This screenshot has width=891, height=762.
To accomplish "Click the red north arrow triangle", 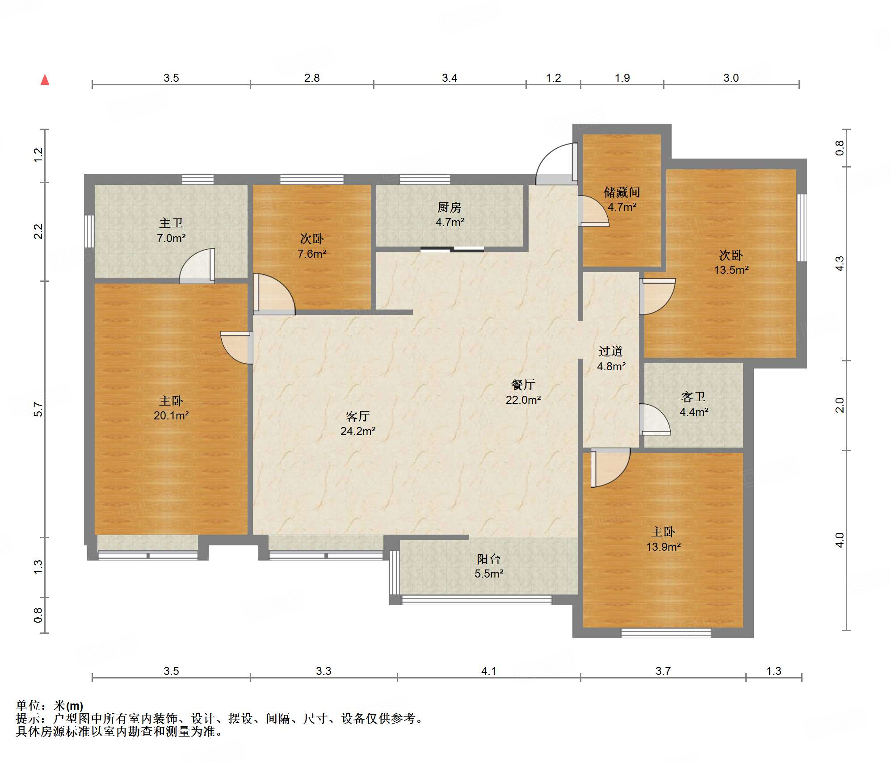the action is [45, 80].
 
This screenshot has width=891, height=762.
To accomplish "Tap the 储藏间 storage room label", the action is [622, 193].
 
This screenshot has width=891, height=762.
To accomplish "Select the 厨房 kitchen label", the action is [449, 207].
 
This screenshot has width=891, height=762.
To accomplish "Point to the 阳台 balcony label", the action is [488, 559].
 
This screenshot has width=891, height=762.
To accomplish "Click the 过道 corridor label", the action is [611, 352].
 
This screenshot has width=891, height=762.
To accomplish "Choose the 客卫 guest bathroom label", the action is [693, 397].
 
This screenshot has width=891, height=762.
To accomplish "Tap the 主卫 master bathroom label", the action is [171, 223].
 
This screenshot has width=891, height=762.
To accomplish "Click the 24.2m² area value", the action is [358, 431].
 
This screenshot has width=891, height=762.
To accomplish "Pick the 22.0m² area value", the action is [523, 400].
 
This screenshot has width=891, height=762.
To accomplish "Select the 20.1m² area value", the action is [171, 416].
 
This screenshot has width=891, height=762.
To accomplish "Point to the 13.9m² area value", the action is [664, 547].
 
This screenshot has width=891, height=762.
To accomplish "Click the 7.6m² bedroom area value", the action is [312, 254].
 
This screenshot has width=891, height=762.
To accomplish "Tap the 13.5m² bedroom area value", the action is [731, 270].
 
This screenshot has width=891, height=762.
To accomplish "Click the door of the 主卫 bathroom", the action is [197, 266].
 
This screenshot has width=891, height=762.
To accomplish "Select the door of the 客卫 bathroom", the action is [655, 419].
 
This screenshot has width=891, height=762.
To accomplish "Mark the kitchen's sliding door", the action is [452, 249].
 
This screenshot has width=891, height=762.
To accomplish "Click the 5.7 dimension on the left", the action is [38, 410].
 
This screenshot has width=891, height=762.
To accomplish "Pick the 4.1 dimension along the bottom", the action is [488, 671].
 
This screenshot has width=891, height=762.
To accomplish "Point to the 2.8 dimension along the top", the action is [312, 78].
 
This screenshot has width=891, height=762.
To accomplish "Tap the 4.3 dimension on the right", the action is [840, 264].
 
